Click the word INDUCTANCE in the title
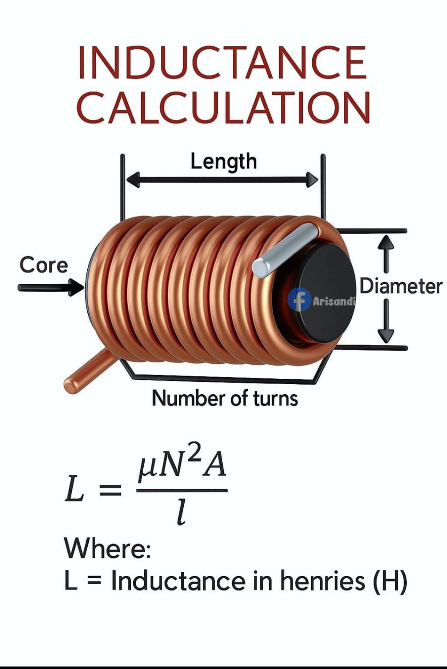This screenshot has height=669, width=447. point(222,62)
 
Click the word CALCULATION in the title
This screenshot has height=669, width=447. point(223,107)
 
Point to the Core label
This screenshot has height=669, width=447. point(44,265)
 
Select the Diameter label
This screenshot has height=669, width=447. point(401,286)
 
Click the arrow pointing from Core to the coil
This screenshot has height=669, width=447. point(51,288)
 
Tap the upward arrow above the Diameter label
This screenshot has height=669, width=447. point(386,254)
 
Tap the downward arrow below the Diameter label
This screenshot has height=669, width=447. point(386,322)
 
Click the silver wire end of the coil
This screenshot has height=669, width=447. point(285,250)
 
